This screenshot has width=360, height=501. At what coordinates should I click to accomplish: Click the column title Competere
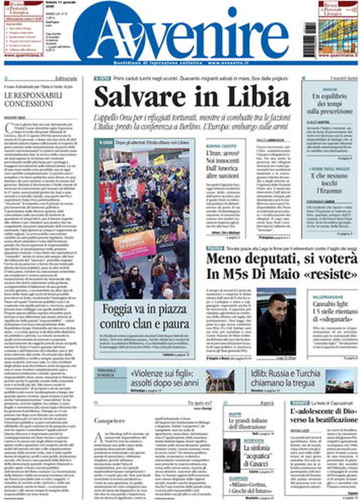tap(106, 421)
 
